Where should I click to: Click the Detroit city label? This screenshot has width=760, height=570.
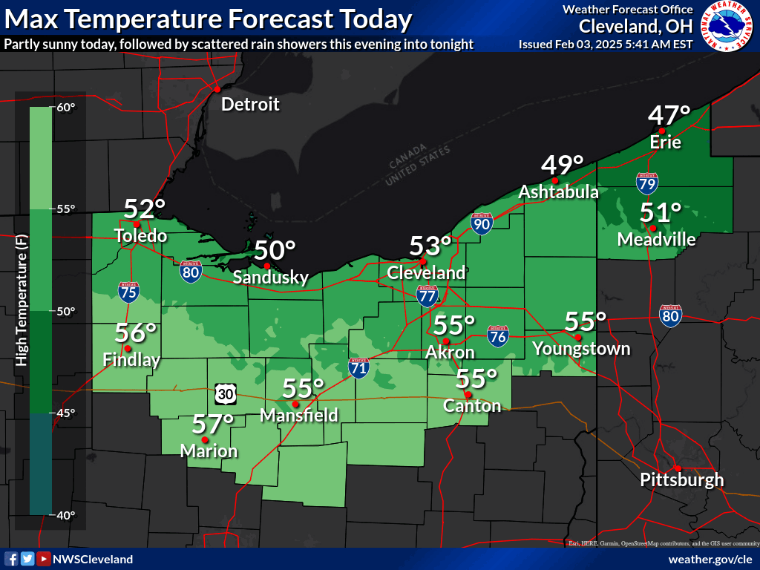click(250, 105)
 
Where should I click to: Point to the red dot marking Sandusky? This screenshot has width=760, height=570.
click(266, 266)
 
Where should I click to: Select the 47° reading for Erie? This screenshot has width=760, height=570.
click(669, 116)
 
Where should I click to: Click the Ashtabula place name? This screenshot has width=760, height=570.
click(558, 192)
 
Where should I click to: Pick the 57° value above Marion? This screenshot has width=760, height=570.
click(213, 425)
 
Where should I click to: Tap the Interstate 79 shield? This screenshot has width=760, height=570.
click(646, 181)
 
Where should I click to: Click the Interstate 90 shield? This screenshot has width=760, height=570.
click(482, 223)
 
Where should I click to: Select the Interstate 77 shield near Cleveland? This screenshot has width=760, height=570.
click(427, 295)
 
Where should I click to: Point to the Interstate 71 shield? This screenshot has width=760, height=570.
click(360, 367)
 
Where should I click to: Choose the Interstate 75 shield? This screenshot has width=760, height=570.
click(128, 292)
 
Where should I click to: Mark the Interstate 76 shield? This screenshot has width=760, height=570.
click(498, 335)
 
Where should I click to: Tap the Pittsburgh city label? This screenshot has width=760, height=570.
click(681, 479)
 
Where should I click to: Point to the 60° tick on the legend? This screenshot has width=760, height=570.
click(66, 108)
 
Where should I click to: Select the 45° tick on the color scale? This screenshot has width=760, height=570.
click(66, 413)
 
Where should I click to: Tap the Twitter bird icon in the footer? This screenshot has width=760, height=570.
click(27, 559)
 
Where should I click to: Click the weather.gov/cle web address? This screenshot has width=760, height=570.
click(710, 559)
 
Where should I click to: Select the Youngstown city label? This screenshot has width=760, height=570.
click(581, 349)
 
